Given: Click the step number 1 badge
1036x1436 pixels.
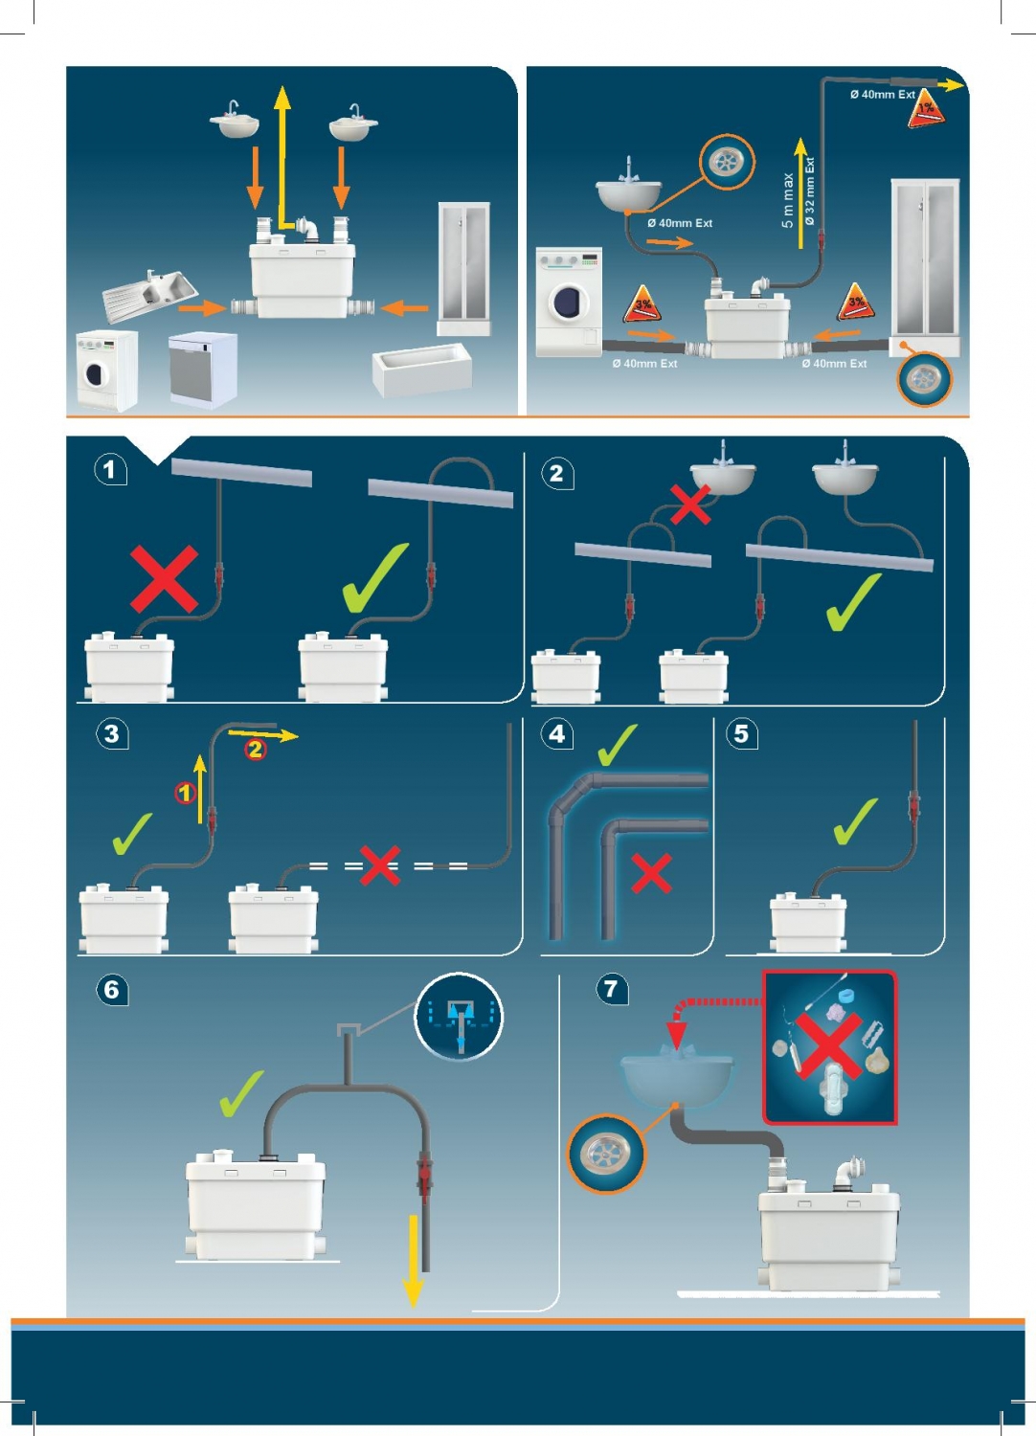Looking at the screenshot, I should click(x=110, y=469).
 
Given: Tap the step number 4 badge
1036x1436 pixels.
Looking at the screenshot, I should click(x=557, y=734).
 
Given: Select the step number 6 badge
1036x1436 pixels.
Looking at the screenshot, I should click(x=111, y=989).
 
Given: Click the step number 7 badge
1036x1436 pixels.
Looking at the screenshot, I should click(x=611, y=988).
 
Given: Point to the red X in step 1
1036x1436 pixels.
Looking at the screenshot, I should click(x=164, y=578).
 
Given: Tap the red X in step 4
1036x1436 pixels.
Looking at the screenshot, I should click(x=652, y=873).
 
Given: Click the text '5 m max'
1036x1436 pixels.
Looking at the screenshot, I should click(x=787, y=201).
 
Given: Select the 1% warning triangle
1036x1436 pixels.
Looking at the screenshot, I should click(x=926, y=108).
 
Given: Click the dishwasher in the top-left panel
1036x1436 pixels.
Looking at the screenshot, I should click(x=202, y=369).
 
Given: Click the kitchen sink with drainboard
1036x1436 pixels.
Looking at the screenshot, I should click(x=149, y=294).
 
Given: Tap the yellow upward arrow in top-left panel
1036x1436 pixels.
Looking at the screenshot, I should click(x=282, y=153).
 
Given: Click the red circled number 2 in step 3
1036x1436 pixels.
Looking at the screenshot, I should click(x=256, y=750).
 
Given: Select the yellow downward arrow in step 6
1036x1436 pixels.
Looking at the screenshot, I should click(x=414, y=1259).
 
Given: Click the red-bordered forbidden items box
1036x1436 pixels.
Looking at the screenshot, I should click(x=829, y=1046).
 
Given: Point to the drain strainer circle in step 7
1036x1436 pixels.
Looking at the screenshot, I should click(x=606, y=1154).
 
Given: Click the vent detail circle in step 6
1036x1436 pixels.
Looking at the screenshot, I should click(x=459, y=1017).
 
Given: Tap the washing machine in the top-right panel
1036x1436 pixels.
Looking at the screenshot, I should click(x=569, y=302).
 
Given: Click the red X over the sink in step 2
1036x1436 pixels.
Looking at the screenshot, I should click(x=690, y=505).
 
